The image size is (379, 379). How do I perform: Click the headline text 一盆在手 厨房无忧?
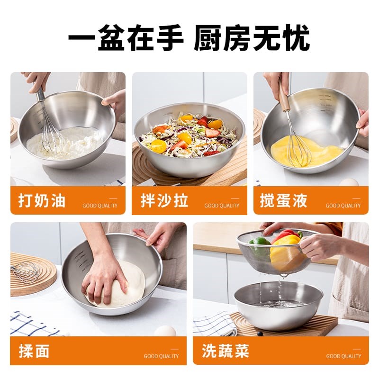click(x=189, y=38)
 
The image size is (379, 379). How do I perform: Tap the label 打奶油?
click(x=42, y=200)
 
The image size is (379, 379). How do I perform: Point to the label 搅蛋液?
click(x=283, y=200)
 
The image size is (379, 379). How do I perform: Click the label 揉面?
click(x=34, y=351)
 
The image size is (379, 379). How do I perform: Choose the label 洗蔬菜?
click(x=225, y=351)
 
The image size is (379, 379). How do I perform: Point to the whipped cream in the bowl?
click(x=71, y=142)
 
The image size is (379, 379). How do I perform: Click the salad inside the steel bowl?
click(x=189, y=135)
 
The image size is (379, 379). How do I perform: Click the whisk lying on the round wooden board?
click(x=26, y=272)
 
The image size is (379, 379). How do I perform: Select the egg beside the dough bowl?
click(x=164, y=331)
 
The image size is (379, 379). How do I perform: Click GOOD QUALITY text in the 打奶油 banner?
click(x=100, y=206)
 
